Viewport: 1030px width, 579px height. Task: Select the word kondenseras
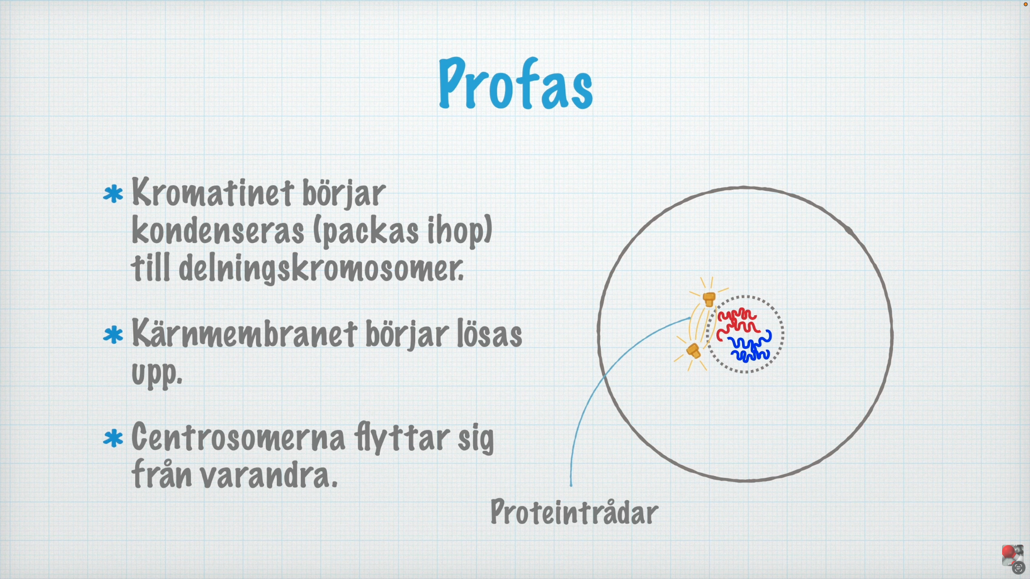[218, 231]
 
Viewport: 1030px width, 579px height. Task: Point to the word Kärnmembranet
[244, 334]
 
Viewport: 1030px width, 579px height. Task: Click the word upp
[157, 373]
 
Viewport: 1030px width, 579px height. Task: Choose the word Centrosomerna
[238, 437]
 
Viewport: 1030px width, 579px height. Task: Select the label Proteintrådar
[574, 513]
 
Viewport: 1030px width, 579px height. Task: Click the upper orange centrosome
[709, 299]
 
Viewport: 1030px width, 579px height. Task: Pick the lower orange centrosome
[694, 351]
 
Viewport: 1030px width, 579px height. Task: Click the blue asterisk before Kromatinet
[113, 194]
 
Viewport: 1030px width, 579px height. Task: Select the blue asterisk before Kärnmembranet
[113, 335]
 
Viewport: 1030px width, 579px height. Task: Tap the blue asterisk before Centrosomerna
[113, 439]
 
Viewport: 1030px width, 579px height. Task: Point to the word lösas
[489, 334]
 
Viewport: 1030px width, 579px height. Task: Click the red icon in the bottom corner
[1009, 552]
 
